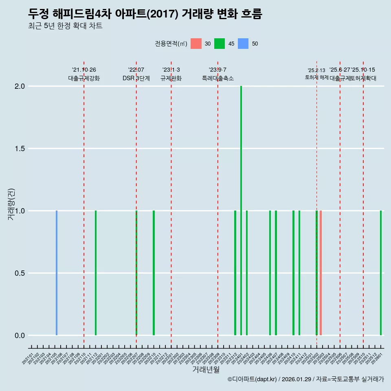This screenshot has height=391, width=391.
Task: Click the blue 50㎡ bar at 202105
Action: (57, 273)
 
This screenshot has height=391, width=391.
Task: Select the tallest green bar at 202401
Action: (241, 211)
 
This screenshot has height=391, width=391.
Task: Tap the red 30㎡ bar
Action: (321, 273)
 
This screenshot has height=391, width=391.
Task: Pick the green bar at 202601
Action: (381, 273)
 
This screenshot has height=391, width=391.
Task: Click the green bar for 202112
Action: (96, 273)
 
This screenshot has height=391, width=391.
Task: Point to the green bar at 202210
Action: (154, 273)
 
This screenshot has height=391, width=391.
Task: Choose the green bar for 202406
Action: (270, 273)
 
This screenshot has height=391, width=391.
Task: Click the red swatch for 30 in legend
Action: (196, 44)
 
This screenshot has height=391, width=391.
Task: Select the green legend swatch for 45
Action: (220, 44)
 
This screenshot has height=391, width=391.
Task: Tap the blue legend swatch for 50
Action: (243, 44)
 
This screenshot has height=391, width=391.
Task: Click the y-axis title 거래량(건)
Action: (11, 204)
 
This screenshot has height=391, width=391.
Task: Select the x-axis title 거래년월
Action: (206, 370)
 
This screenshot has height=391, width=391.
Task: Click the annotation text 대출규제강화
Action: (84, 78)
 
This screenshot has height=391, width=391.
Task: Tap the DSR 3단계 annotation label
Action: (136, 78)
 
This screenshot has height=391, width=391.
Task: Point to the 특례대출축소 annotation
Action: (218, 78)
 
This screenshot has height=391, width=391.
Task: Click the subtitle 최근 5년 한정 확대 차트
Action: (65, 26)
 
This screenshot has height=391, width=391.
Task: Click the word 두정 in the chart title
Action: (39, 14)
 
